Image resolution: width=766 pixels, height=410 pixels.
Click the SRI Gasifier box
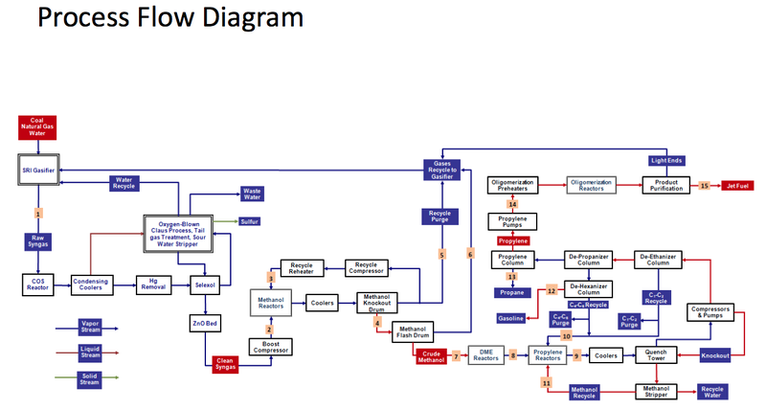pos(38,170)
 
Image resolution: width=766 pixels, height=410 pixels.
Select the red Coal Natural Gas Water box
pos(38,126)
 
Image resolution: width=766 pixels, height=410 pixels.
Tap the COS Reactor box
pos(38,285)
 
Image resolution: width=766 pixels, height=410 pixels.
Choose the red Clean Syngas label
pos(226,364)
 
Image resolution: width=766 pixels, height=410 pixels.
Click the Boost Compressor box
pos(270,349)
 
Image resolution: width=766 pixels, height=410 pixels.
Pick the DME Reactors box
pos(485,355)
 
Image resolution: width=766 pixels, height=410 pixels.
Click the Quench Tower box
pos(656,355)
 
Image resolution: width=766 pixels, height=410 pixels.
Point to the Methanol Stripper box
pos(656,391)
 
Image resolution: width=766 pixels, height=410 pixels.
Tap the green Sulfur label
pos(250,221)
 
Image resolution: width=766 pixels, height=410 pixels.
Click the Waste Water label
pos(253,194)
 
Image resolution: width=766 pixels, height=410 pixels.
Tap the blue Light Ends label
pos(665,161)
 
